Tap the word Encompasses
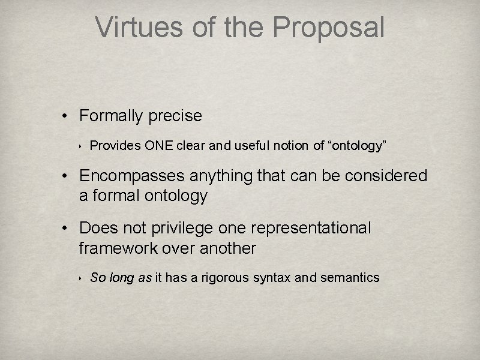tap(133, 176)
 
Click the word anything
tap(224, 176)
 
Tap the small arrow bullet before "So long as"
tap(80, 277)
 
